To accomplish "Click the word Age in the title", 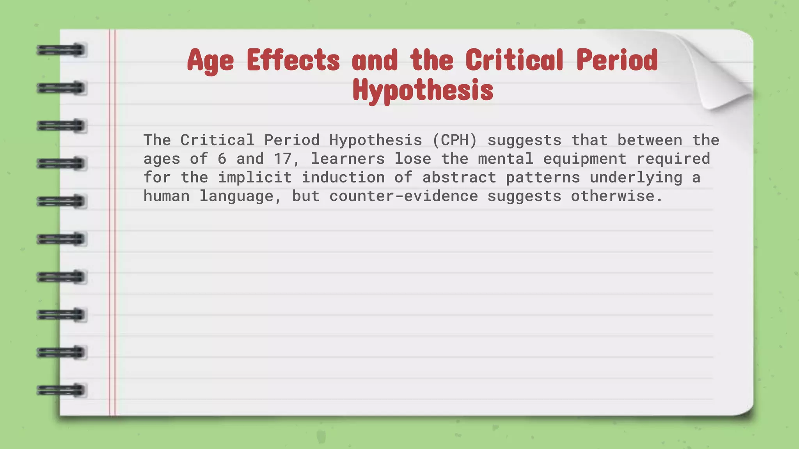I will (x=210, y=61).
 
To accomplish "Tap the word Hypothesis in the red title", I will (x=423, y=90).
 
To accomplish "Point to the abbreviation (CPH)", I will (x=455, y=140).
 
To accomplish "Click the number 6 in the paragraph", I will (x=222, y=159).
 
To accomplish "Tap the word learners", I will (x=348, y=159).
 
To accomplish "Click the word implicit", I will (x=254, y=178).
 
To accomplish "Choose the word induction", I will (x=343, y=178).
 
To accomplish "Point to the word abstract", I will (x=459, y=178).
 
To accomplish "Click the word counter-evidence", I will (x=403, y=196).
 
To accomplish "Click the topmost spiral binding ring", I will (x=61, y=50).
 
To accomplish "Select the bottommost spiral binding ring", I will (x=61, y=390).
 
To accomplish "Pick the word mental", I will (x=506, y=159).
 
